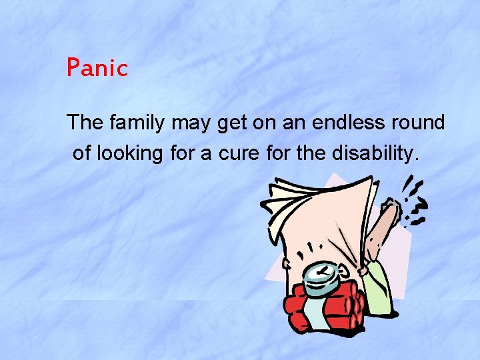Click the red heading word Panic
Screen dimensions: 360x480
click(x=97, y=68)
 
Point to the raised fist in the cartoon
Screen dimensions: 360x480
click(x=391, y=212)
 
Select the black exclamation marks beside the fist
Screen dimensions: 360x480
click(x=417, y=200)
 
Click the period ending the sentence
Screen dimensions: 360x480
click(x=417, y=159)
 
